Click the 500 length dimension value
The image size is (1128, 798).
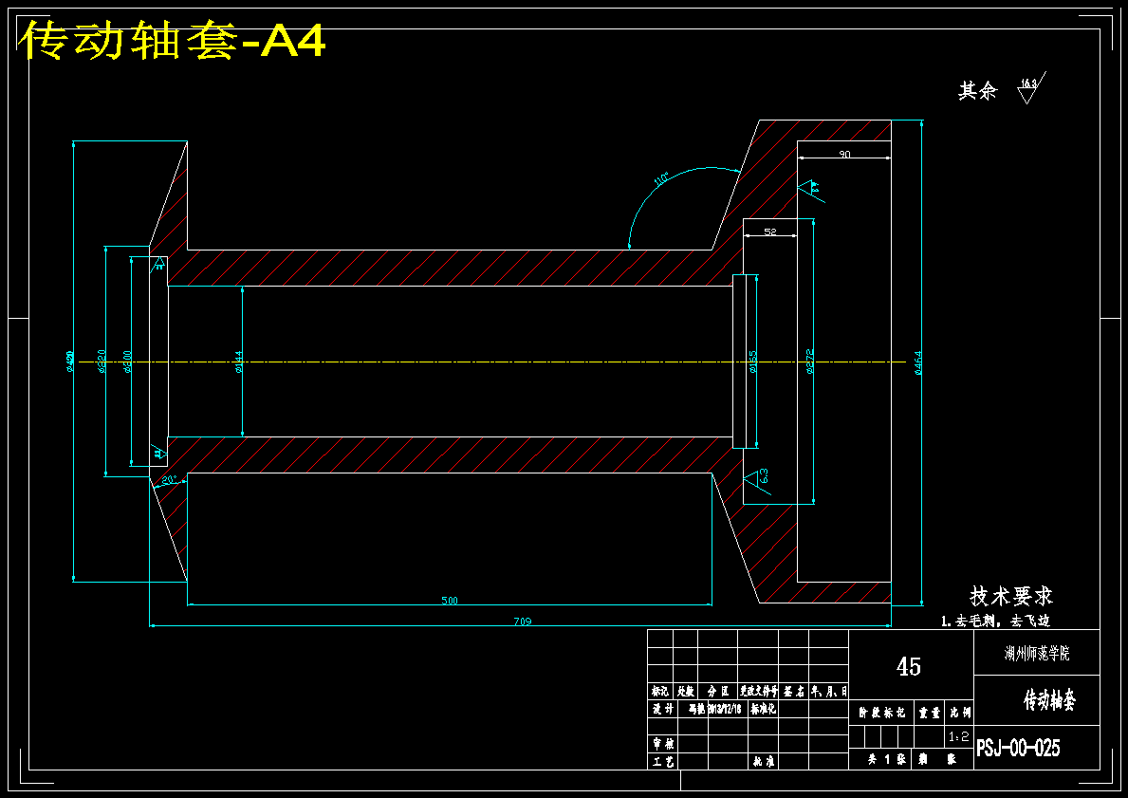450,600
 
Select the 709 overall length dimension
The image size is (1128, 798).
522,622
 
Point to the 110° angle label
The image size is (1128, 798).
661,177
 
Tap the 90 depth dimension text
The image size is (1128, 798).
844,154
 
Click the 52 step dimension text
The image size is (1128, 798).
769,232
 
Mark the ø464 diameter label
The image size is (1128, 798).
917,362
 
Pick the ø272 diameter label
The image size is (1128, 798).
809,362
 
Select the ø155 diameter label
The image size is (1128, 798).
753,362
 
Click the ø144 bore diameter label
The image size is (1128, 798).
238,362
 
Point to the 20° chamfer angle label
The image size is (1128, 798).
168,480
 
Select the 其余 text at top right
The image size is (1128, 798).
977,91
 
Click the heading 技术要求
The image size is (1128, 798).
1010,597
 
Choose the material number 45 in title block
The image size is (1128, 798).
909,667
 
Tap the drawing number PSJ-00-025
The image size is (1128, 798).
1018,748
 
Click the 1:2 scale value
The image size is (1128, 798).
958,736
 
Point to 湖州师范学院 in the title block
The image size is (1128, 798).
1037,653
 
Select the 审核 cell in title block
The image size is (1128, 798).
662,744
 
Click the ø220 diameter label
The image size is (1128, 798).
102,362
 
